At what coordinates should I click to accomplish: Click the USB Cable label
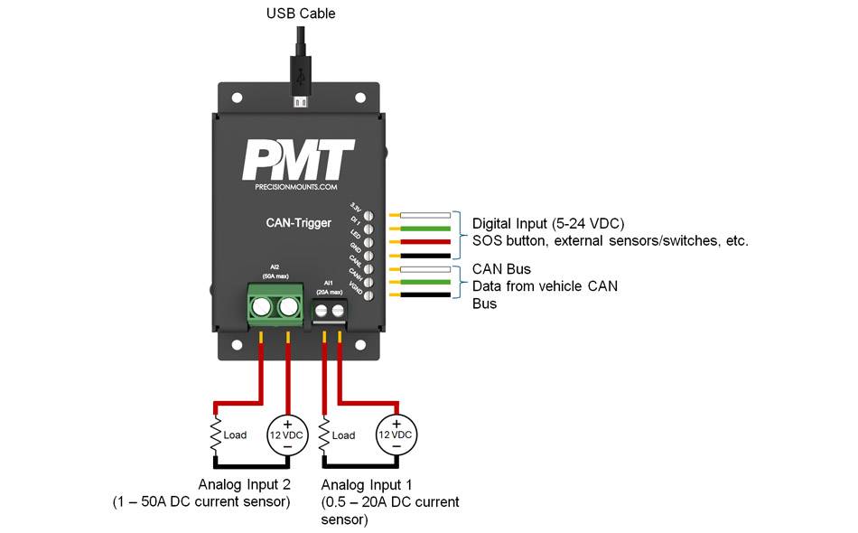click(x=301, y=14)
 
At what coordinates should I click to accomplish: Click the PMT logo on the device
click(x=297, y=161)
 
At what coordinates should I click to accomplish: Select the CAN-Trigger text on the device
click(x=299, y=222)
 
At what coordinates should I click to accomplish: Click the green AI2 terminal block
click(x=275, y=305)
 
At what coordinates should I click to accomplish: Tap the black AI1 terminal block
click(x=331, y=312)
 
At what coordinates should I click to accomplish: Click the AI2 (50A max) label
click(x=275, y=271)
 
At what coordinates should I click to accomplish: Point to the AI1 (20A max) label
click(x=330, y=286)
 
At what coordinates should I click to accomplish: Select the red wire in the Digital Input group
click(x=426, y=242)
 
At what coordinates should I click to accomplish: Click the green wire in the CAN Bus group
click(x=426, y=283)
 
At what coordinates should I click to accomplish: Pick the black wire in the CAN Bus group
click(x=426, y=295)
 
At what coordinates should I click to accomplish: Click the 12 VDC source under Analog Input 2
click(x=288, y=435)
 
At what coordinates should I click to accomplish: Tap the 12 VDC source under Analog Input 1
click(x=396, y=435)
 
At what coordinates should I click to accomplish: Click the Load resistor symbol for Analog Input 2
click(x=216, y=435)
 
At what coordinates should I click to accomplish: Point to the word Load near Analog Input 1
click(x=344, y=435)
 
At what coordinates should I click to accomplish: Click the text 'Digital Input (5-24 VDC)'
click(x=547, y=223)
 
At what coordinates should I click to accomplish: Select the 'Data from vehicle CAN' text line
click(x=538, y=286)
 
